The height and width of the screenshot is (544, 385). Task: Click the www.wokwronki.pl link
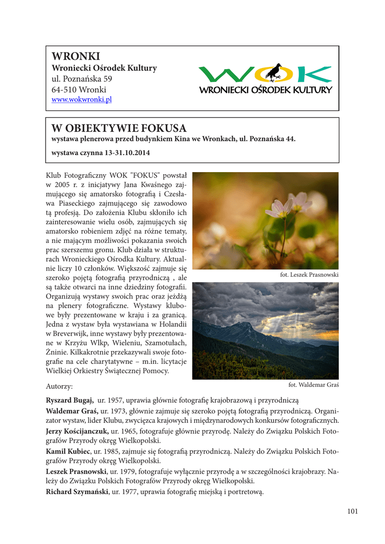(x=81, y=100)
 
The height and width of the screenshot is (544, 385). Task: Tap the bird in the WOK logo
(x=274, y=72)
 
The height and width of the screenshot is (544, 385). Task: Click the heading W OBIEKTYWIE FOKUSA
(x=119, y=128)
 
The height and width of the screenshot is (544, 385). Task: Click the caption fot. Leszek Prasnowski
(x=309, y=275)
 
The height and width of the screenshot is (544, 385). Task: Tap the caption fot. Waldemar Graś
(x=313, y=385)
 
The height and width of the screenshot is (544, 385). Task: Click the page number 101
(x=352, y=512)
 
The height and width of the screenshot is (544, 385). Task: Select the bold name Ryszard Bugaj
(x=70, y=400)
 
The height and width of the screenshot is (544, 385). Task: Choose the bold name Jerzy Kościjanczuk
(x=78, y=431)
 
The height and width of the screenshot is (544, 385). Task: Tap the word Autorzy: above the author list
(x=59, y=386)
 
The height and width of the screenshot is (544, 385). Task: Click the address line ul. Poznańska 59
(x=81, y=79)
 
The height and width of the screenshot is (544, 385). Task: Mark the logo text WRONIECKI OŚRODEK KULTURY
(x=265, y=90)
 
